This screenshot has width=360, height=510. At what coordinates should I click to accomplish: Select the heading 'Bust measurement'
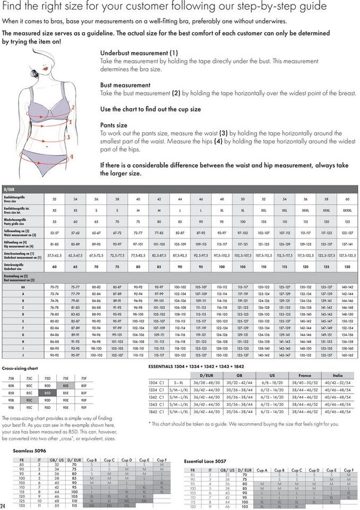[x=125, y=85]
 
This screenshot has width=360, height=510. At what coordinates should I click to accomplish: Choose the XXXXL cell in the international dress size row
[x=347, y=210]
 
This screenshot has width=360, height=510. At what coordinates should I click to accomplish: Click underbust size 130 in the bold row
[x=347, y=267]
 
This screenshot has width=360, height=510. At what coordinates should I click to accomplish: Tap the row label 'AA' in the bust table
[x=23, y=287]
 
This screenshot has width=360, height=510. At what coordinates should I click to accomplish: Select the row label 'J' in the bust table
[x=23, y=354]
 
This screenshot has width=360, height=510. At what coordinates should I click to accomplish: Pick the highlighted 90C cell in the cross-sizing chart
[x=30, y=400]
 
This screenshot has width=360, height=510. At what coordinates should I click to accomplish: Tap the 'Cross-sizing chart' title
[x=20, y=368]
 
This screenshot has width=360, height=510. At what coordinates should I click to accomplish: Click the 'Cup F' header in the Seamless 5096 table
[x=162, y=459]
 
